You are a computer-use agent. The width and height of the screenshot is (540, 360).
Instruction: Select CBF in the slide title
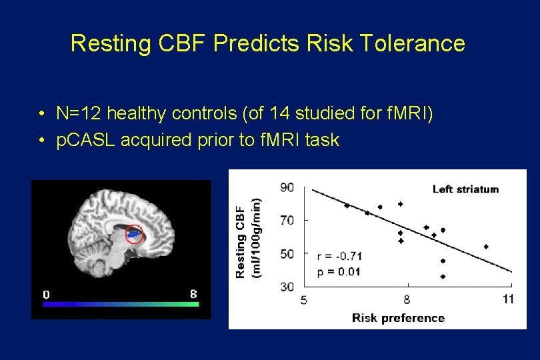(x=185, y=44)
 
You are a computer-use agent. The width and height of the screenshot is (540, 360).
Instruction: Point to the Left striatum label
(x=465, y=189)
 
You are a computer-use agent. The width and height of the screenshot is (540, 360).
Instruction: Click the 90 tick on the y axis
(x=286, y=187)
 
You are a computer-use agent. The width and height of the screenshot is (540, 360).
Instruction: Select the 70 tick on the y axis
(x=286, y=220)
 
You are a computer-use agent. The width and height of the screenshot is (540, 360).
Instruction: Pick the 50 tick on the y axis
(x=286, y=253)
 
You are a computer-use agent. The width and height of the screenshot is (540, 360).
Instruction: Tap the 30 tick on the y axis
(x=286, y=286)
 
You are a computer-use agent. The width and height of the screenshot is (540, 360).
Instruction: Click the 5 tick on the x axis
(x=304, y=299)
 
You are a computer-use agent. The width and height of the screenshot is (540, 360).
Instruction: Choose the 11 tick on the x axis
(x=508, y=299)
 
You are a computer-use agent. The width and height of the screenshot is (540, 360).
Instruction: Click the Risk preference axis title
(x=398, y=317)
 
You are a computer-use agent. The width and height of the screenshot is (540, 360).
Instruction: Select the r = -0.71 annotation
(x=339, y=256)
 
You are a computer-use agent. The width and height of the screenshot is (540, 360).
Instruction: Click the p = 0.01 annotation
(x=339, y=271)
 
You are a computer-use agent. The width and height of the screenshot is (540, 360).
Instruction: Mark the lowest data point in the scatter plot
(x=443, y=276)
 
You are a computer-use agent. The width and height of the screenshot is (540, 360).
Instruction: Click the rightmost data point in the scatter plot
(x=486, y=246)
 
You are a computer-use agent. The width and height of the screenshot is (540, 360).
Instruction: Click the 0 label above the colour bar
(x=46, y=294)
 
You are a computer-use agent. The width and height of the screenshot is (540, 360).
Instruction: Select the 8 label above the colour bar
(x=193, y=294)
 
